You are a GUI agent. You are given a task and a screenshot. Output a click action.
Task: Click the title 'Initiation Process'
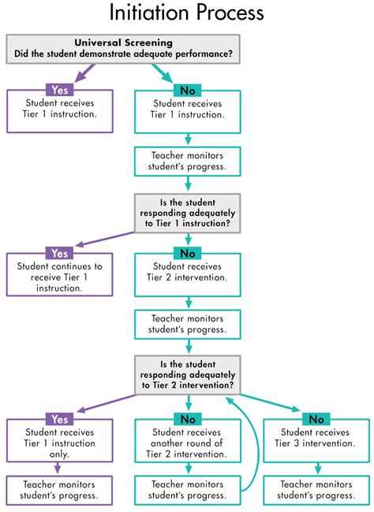[187, 14]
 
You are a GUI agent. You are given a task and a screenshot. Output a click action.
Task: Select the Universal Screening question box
[123, 48]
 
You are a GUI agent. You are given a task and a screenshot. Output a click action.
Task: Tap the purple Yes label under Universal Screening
[59, 91]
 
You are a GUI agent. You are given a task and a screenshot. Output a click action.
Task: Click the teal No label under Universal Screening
[187, 91]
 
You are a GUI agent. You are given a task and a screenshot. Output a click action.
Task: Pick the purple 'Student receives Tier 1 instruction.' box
[59, 109]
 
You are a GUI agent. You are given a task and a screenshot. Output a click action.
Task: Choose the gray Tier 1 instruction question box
[187, 213]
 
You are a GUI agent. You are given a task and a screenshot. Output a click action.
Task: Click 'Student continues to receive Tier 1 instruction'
[59, 276]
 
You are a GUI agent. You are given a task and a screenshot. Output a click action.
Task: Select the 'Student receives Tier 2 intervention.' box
[187, 272]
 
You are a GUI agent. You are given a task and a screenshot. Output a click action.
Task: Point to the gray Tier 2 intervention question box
[187, 374]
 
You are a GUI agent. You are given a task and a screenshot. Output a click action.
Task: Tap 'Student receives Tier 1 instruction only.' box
[59, 443]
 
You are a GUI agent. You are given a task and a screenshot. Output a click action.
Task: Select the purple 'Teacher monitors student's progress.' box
[59, 490]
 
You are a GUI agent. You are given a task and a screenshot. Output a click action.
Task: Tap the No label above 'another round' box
[187, 419]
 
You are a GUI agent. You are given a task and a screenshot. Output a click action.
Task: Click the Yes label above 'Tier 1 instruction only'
[59, 419]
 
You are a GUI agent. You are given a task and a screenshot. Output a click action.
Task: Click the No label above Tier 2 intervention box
[187, 254]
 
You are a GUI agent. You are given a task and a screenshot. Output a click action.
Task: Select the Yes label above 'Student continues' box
[59, 254]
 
